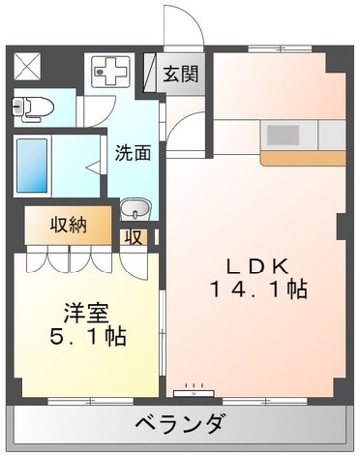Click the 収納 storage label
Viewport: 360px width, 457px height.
69,225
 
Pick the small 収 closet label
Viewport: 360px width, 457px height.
134,235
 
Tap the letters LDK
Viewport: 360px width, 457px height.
255,265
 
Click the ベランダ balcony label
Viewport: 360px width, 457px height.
180,424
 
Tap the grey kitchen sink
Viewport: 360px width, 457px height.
284,134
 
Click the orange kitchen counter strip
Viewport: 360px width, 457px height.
302,157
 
